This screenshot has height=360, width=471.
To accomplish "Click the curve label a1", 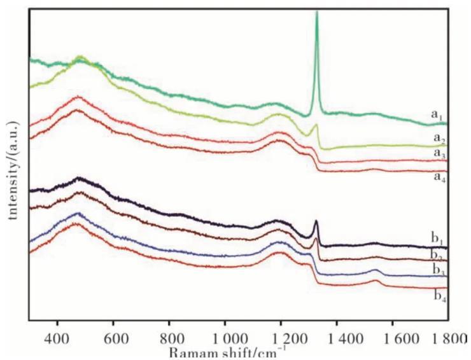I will pyautogui.click(x=436, y=115).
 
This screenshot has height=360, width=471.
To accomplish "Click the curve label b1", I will pyautogui.click(x=437, y=239).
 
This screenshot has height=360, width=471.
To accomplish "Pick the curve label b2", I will pyautogui.click(x=437, y=256).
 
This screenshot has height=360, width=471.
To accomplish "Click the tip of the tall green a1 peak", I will pyautogui.click(x=317, y=13).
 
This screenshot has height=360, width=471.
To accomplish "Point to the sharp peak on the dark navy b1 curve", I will pyautogui.click(x=316, y=221).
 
